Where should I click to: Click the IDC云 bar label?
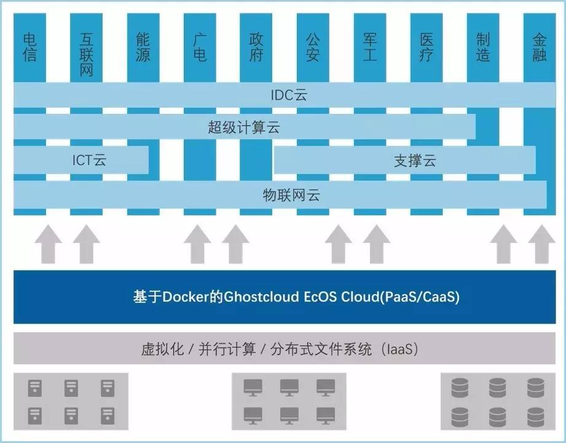(288, 95)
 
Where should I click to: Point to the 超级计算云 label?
(243, 128)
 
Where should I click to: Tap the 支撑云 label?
(415, 161)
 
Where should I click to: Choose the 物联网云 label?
(291, 196)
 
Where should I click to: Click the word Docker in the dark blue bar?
(184, 297)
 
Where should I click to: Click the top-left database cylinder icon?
(460, 388)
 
